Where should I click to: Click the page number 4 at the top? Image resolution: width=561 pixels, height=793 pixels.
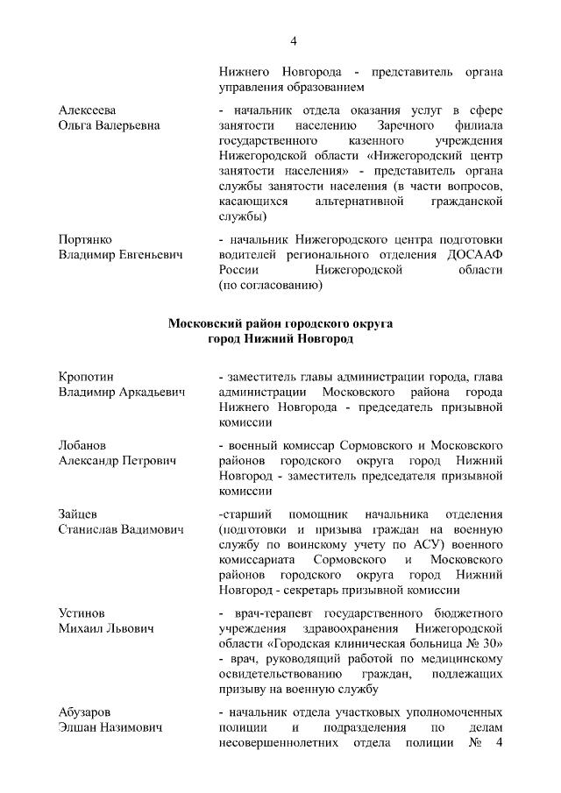[294, 41]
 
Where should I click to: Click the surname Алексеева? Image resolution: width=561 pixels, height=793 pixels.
[88, 109]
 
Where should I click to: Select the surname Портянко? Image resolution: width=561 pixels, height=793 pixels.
[85, 238]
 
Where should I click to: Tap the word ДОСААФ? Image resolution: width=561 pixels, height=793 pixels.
[473, 254]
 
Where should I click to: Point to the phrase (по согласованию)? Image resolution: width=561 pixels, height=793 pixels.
[271, 286]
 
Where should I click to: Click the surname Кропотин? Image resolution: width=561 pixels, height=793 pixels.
[87, 376]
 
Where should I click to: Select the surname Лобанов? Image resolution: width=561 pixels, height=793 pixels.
[84, 444]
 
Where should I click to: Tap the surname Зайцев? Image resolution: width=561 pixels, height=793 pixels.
[78, 513]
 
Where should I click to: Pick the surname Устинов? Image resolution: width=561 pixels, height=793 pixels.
[83, 612]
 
